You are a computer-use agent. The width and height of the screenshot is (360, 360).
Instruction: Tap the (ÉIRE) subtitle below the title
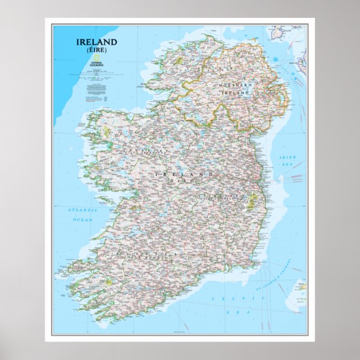[97, 50]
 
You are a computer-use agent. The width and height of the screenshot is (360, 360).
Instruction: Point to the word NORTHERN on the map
[235, 84]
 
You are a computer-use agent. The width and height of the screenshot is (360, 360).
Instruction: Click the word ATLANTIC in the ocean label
[83, 210]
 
